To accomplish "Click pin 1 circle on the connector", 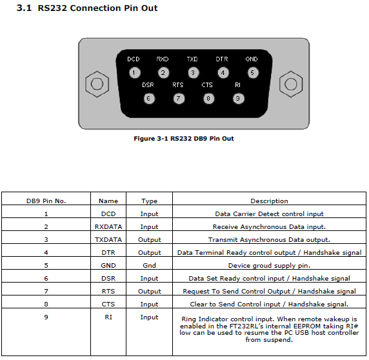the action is [x=134, y=72].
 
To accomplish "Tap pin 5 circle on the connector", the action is [x=253, y=72].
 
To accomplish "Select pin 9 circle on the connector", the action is [x=238, y=98].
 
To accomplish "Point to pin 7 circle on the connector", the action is [x=179, y=98].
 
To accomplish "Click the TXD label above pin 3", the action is [x=192, y=59].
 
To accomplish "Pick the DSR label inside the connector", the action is [x=148, y=85].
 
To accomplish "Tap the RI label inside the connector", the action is [x=237, y=85].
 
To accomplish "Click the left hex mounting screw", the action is [x=97, y=84].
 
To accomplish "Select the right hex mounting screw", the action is [x=291, y=84].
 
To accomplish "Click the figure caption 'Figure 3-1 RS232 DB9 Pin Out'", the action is [x=184, y=139].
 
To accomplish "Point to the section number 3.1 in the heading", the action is [x=24, y=8].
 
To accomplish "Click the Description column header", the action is [x=269, y=201].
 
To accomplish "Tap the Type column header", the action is [x=149, y=201].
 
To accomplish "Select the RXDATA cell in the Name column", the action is [x=108, y=227].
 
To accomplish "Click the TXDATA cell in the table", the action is [x=108, y=240].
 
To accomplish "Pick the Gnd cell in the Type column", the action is [x=149, y=265].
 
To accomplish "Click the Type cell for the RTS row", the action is [x=150, y=292].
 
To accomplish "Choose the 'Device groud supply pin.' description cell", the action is [x=269, y=266].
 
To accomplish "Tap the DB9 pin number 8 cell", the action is [x=46, y=305].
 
